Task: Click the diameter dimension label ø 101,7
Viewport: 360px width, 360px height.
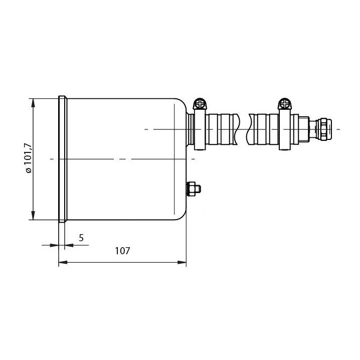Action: pos(29,158)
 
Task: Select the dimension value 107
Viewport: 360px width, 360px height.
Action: pos(122,251)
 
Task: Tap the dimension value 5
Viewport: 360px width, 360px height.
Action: pos(81,238)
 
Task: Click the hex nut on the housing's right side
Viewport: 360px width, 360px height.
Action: pos(194,189)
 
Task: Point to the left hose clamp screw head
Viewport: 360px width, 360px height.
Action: pos(200,104)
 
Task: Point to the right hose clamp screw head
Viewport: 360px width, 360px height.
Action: pos(285,104)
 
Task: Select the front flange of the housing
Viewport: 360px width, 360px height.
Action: pos(63,159)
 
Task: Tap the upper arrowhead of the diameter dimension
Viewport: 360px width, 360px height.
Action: pos(33,103)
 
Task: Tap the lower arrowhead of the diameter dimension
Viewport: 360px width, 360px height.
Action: pos(33,216)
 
